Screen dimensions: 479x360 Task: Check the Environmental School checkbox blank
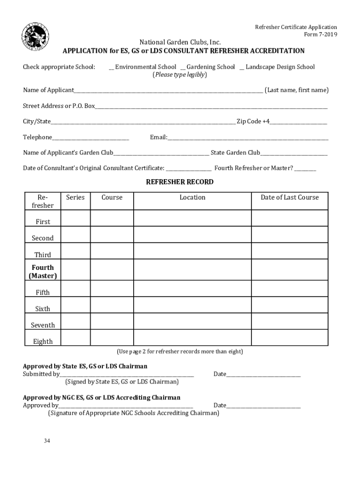[x=111, y=67]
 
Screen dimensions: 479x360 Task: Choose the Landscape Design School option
[x=242, y=67]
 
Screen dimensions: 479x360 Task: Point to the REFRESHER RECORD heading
[x=180, y=182]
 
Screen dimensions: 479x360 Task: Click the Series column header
[x=75, y=197]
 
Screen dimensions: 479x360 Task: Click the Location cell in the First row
[x=192, y=218]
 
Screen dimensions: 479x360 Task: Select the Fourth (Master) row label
[x=43, y=272]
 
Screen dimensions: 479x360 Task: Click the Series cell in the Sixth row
[x=75, y=305]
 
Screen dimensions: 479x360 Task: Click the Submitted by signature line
[x=127, y=375]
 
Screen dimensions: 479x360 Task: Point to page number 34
[x=47, y=441]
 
